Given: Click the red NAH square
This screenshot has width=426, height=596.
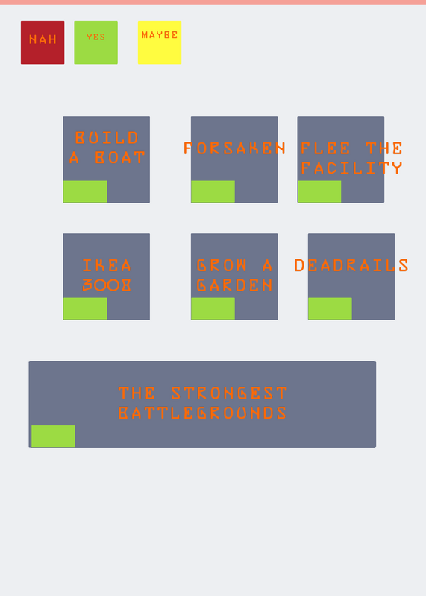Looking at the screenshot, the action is [43, 42].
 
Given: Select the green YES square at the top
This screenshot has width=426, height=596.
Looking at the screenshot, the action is [96, 42].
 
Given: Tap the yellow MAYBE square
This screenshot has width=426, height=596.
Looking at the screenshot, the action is [160, 42].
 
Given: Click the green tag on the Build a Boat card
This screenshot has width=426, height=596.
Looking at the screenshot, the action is [85, 191].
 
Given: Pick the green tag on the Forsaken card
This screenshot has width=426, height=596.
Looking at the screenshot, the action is [213, 191].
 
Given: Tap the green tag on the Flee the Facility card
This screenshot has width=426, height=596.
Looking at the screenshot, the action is [319, 191].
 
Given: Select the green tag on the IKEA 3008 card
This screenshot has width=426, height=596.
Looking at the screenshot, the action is [85, 308].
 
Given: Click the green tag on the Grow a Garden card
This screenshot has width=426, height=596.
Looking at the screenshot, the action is [213, 308].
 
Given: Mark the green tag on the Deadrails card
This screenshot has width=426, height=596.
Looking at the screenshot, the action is [330, 308].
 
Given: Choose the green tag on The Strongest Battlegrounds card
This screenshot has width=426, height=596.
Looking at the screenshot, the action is [53, 437].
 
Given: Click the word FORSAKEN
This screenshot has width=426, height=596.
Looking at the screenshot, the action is [234, 148].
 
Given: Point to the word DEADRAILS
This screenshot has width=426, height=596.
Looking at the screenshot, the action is [351, 265].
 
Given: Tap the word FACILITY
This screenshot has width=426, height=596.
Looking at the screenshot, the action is [351, 168].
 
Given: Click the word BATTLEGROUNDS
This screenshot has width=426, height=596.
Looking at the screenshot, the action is [202, 413].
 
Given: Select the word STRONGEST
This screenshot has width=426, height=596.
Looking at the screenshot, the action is [229, 393].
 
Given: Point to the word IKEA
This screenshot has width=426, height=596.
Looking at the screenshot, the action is [107, 265].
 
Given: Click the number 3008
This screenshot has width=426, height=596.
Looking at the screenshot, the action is [107, 285].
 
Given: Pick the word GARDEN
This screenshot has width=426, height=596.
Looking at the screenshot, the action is [234, 285].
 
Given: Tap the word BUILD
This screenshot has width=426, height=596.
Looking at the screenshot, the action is [107, 138].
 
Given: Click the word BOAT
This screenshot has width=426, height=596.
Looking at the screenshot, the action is [120, 157].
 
